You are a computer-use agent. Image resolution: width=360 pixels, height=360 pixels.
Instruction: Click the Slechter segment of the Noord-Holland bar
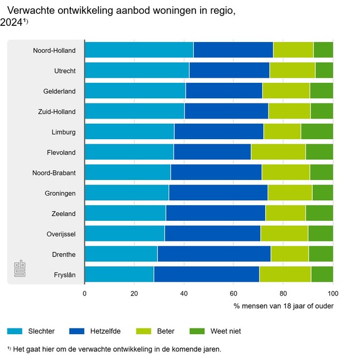pyautogui.click(x=139, y=50)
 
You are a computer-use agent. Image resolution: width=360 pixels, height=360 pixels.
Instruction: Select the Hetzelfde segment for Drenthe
pyautogui.click(x=214, y=254)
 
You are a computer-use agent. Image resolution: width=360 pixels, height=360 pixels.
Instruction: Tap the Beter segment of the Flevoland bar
pyautogui.click(x=278, y=152)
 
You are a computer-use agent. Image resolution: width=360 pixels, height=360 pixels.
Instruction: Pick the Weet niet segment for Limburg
pyautogui.click(x=317, y=132)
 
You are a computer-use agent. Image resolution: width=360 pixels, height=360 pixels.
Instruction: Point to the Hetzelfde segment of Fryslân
pyautogui.click(x=206, y=274)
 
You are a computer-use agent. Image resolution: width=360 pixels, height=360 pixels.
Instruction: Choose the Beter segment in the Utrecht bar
pyautogui.click(x=292, y=70)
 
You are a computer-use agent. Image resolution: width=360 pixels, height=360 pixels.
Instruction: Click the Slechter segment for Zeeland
pyautogui.click(x=125, y=213)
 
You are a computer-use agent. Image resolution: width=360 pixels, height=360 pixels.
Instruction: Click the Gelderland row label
pyautogui.click(x=59, y=91)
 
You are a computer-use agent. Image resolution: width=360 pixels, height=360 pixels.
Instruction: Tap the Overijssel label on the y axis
pyautogui.click(x=61, y=234)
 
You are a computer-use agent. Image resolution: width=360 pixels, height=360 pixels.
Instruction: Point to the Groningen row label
pyautogui.click(x=60, y=193)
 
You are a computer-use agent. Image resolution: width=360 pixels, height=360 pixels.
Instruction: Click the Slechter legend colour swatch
pyautogui.click(x=14, y=331)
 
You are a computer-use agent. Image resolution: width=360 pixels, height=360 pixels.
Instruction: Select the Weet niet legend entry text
pyautogui.click(x=225, y=331)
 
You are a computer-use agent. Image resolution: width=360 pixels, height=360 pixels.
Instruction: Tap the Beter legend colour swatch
pyautogui.click(x=143, y=331)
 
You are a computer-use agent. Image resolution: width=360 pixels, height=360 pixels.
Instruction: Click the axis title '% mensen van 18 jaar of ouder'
pyautogui.click(x=284, y=306)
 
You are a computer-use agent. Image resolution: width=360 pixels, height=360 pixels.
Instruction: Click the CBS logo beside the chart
pyautogui.click(x=21, y=270)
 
